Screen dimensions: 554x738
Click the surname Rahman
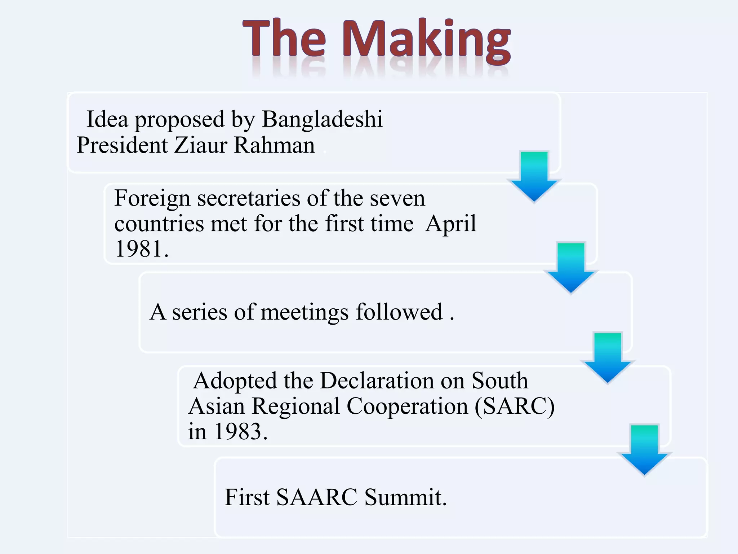click(x=274, y=145)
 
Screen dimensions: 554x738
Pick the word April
click(x=451, y=224)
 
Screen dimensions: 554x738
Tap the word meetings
click(x=304, y=312)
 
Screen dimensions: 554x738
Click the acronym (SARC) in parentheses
click(x=515, y=406)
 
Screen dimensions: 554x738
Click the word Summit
click(x=405, y=497)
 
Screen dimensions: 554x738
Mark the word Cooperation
click(x=407, y=406)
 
